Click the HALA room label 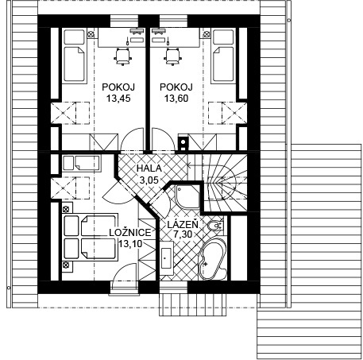click(149, 168)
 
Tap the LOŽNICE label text click(130, 233)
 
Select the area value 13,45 click(118, 99)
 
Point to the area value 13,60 click(176, 99)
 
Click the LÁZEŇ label click(183, 224)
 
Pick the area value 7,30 click(183, 234)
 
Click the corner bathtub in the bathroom click(212, 259)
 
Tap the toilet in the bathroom click(216, 226)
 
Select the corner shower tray click(187, 196)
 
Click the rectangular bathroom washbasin click(166, 257)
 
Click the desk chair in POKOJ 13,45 click(123, 56)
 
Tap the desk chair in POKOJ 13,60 click(173, 56)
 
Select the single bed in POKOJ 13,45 click(75, 56)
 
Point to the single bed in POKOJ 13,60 click(223, 56)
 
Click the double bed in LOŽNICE click(90, 238)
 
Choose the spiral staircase click(225, 183)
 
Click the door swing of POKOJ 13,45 click(132, 141)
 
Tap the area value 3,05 click(149, 180)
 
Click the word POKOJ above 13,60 click(176, 87)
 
